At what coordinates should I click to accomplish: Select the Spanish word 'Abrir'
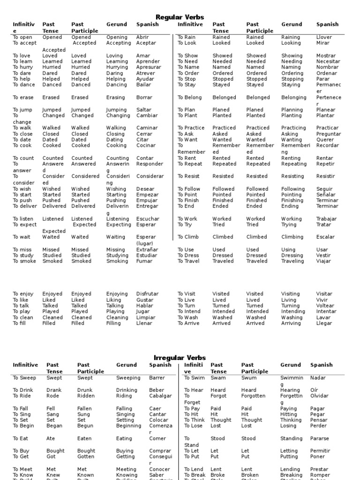tap(142, 37)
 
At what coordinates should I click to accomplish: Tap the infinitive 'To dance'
tap(24, 85)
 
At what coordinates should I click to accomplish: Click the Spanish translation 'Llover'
tap(324, 37)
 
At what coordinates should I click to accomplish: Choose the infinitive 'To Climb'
tap(188, 237)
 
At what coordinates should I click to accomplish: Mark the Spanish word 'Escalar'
tap(325, 237)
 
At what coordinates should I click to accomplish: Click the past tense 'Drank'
tap(54, 390)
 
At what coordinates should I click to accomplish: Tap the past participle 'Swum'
tap(249, 378)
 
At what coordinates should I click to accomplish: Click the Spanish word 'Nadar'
tap(318, 378)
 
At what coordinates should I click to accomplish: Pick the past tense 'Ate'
tap(51, 439)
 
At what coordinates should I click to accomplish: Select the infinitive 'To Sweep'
tap(24, 378)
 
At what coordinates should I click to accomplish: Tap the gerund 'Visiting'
tap(290, 294)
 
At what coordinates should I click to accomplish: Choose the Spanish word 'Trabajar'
tap(326, 219)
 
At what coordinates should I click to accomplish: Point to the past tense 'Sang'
tap(53, 414)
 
